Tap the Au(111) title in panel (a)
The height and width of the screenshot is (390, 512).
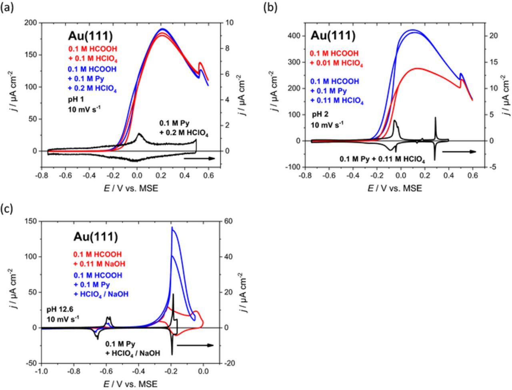[x=90, y=36]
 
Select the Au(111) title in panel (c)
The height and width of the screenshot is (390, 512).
[x=95, y=237]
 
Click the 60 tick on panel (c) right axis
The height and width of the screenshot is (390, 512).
[x=229, y=221]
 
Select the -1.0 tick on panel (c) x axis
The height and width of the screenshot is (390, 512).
[x=41, y=371]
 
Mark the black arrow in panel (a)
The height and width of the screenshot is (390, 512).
[x=199, y=159]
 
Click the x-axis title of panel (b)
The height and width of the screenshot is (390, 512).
[x=394, y=188]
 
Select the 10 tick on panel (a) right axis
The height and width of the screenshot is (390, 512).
[x=227, y=23]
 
